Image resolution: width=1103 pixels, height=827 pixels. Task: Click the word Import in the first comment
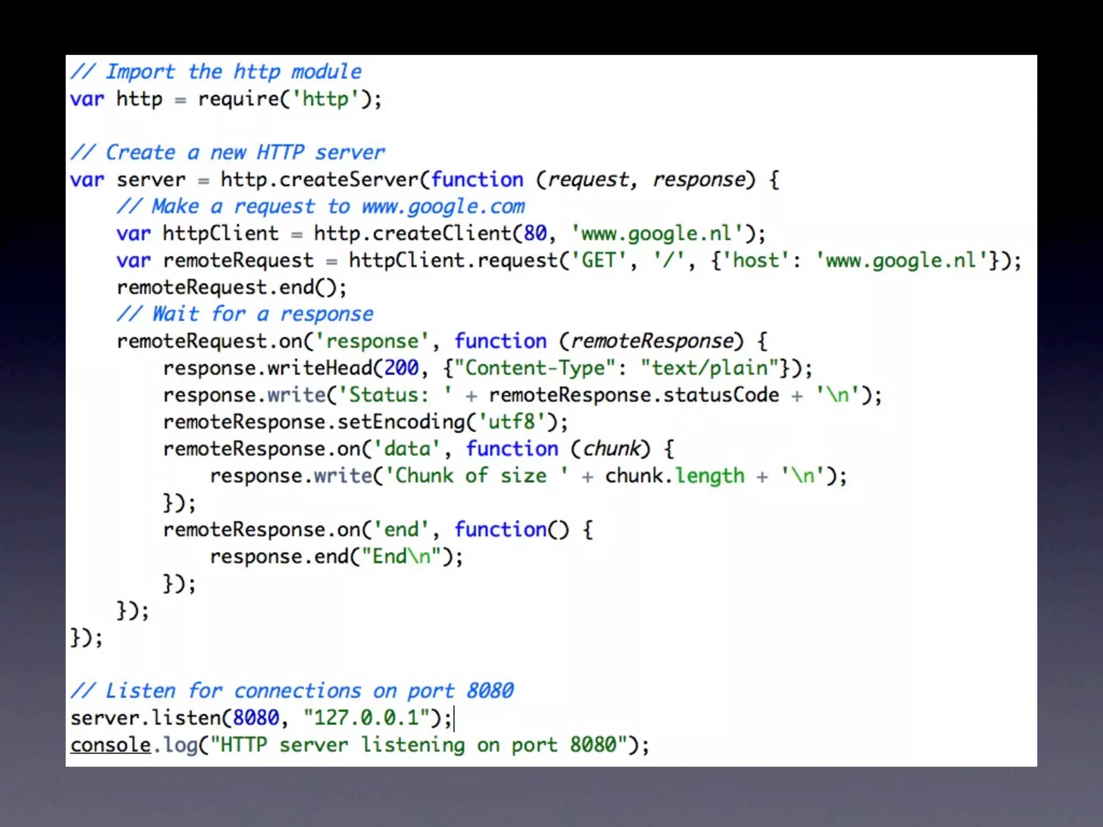[140, 72]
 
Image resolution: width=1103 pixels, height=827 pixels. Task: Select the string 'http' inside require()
[325, 99]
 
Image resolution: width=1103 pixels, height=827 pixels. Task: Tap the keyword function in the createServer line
[477, 179]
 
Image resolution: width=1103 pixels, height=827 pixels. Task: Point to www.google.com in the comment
[443, 206]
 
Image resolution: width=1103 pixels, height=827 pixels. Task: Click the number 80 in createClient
[535, 233]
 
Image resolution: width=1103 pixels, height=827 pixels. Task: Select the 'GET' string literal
[599, 261]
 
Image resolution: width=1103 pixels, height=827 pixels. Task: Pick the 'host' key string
[756, 261]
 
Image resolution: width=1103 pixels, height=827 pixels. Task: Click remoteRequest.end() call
[232, 288]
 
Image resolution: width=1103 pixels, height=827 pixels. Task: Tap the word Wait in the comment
[176, 314]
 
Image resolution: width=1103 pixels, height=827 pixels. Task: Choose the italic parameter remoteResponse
[652, 341]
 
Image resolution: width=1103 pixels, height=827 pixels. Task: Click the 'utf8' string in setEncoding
[512, 422]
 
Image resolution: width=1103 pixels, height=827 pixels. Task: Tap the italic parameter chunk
[612, 448]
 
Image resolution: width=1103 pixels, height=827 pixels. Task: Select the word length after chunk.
[710, 476]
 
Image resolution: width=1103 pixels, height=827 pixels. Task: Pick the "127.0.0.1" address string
[366, 718]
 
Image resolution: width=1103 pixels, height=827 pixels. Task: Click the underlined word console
[110, 745]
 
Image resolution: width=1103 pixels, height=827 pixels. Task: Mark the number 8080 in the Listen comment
[490, 691]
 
